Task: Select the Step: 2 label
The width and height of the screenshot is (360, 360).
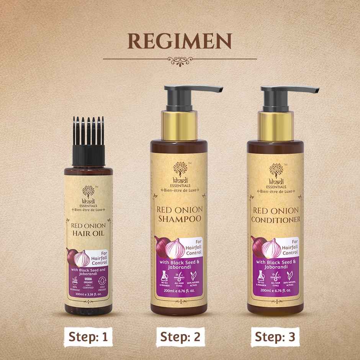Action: [180, 337]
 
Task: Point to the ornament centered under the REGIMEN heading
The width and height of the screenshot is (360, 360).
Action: [180, 59]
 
